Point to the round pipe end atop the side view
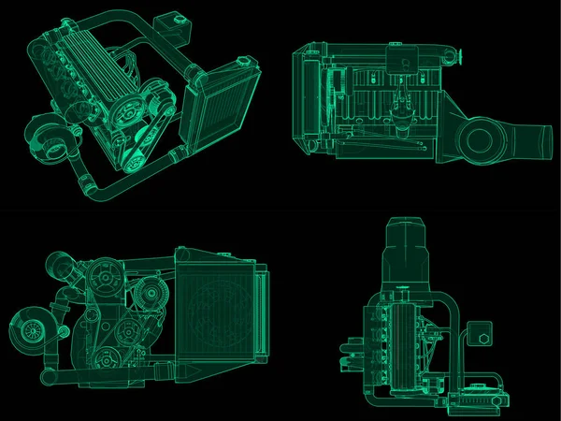460,58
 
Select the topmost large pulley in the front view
104,280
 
